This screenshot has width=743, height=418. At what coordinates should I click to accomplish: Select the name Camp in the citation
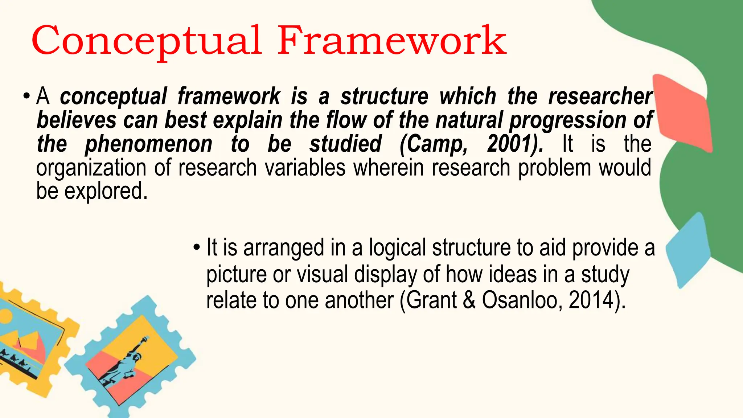[434, 144]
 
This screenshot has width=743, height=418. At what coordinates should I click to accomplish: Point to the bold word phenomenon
[148, 144]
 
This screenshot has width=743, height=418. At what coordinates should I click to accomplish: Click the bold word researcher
[600, 97]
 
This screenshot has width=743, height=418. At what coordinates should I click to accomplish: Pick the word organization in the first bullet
[91, 168]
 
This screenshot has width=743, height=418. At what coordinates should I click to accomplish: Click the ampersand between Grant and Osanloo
[469, 300]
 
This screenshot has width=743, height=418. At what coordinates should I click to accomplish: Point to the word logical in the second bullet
[397, 248]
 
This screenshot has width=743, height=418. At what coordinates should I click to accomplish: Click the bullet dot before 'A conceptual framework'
[26, 97]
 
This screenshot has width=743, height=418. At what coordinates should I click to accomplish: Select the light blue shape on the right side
[687, 250]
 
